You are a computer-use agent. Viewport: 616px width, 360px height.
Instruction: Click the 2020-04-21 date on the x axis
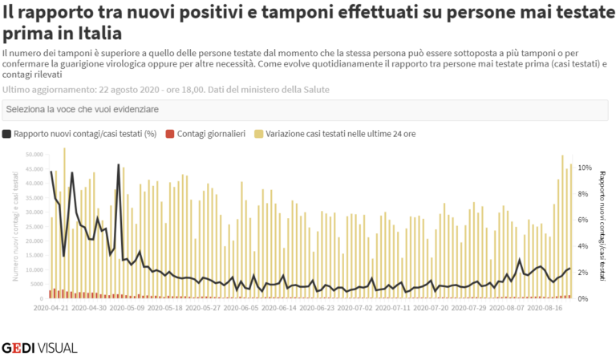pos(51,305)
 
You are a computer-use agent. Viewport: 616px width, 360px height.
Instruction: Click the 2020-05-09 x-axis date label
pos(128,305)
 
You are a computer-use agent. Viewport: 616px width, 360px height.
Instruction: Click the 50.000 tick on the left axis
pos(35,154)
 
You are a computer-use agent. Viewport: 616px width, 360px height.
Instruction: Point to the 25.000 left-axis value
pos(35,227)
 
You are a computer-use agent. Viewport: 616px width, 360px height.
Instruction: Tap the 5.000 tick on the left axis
pos(37,285)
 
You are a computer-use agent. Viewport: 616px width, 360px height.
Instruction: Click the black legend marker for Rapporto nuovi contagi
pos(7,134)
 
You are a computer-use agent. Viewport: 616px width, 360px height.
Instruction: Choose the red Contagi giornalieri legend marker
pos(169,134)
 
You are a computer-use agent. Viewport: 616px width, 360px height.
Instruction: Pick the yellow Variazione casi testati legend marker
pos(258,134)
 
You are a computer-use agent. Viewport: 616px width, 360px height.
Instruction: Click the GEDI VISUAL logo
pos(39,348)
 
